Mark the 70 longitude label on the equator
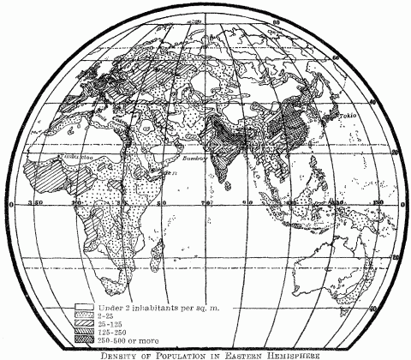[x=205, y=204]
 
